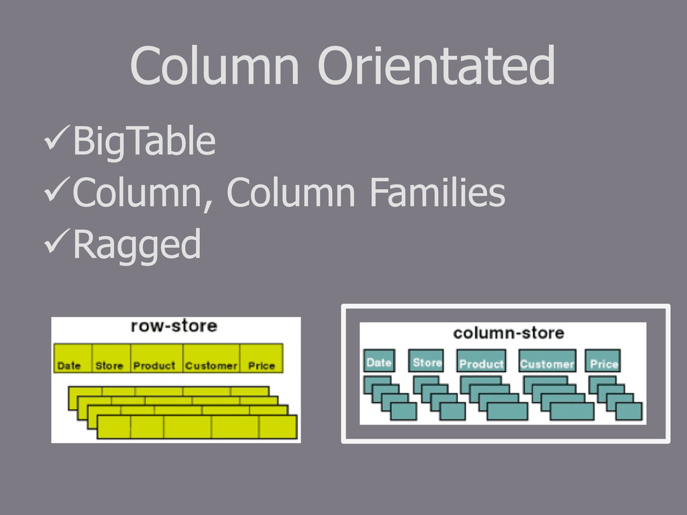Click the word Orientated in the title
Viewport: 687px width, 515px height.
pyautogui.click(x=436, y=66)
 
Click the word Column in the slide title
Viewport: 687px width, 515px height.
pyautogui.click(x=214, y=66)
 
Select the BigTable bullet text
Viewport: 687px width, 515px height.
pyautogui.click(x=144, y=141)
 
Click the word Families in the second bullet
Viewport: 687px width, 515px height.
pyautogui.click(x=436, y=193)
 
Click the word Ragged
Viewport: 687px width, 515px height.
pyautogui.click(x=136, y=245)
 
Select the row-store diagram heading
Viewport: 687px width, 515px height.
pyautogui.click(x=174, y=326)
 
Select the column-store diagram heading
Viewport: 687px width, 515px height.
pyautogui.click(x=508, y=333)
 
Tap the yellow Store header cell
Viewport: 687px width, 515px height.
pyautogui.click(x=110, y=359)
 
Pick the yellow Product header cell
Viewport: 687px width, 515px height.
pyautogui.click(x=156, y=359)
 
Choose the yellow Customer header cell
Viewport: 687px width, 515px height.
pyautogui.click(x=211, y=359)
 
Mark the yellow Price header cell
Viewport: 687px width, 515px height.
pyautogui.click(x=262, y=359)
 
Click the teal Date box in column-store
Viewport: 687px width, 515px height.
pyautogui.click(x=379, y=361)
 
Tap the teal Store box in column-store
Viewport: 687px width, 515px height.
pyautogui.click(x=427, y=361)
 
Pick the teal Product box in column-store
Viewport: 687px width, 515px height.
pyautogui.click(x=481, y=362)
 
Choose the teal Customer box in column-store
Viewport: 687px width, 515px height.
pyautogui.click(x=547, y=362)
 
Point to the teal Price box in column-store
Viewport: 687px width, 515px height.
pyautogui.click(x=603, y=362)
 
